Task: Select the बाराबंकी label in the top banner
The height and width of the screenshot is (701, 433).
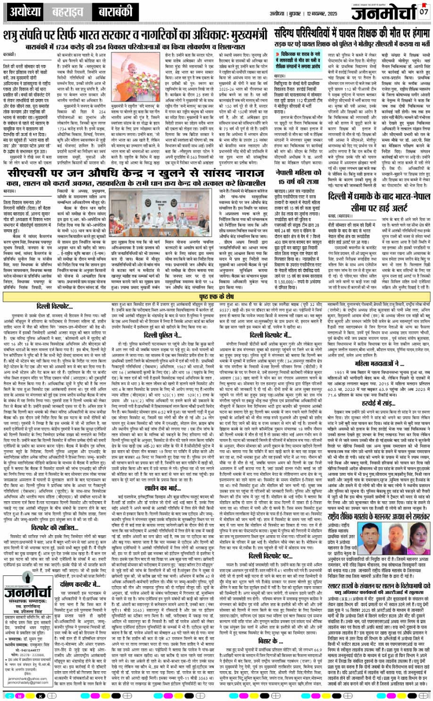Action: click(114, 11)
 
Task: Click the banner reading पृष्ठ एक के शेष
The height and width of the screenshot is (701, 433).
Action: click(216, 298)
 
